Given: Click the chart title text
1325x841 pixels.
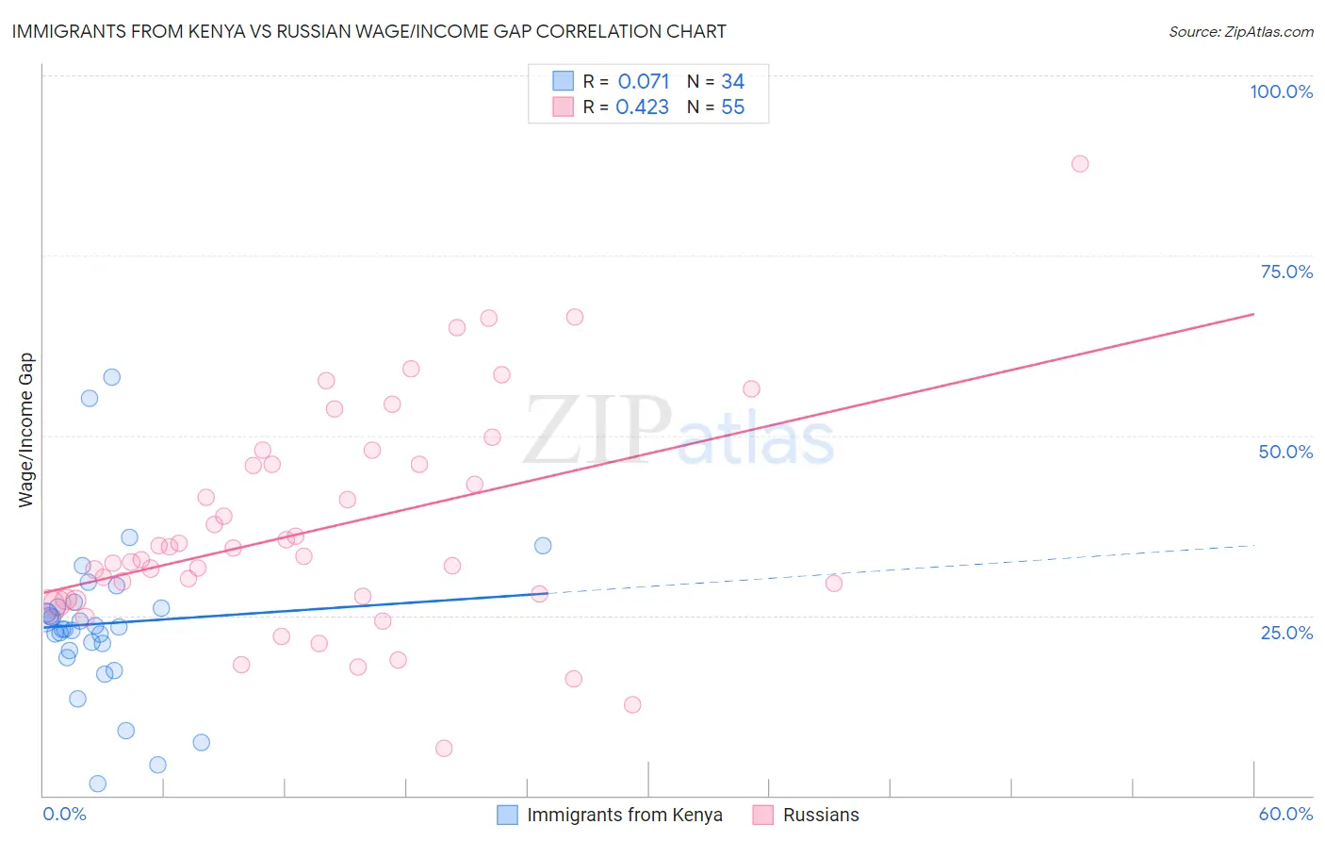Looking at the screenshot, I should click(368, 31).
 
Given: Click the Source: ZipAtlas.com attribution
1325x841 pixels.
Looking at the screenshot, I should click(1240, 32).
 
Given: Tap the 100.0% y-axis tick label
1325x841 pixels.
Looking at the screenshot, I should click(1281, 91).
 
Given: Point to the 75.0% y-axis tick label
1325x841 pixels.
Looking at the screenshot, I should click(1286, 272).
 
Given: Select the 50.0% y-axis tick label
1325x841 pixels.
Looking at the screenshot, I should click(1285, 452).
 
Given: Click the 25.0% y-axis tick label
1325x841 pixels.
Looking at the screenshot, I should click(1286, 632).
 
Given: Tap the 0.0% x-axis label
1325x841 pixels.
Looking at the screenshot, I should click(64, 814).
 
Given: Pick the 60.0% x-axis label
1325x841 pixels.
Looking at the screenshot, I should click(1285, 814).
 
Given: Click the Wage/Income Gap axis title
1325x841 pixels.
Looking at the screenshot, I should click(25, 430).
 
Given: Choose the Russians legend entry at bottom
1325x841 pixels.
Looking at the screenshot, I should click(820, 815).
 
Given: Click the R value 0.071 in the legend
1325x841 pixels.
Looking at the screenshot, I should click(644, 82).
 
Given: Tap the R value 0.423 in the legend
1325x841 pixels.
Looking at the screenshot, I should click(642, 107).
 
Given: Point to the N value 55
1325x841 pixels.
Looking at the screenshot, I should click(732, 107).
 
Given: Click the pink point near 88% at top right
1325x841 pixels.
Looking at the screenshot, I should click(1080, 164).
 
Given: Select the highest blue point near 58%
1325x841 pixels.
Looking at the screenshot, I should click(112, 377).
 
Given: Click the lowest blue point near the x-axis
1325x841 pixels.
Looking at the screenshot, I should click(97, 783).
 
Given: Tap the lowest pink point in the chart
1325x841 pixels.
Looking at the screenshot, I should click(444, 749).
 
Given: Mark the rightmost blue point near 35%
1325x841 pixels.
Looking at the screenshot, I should click(543, 546).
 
